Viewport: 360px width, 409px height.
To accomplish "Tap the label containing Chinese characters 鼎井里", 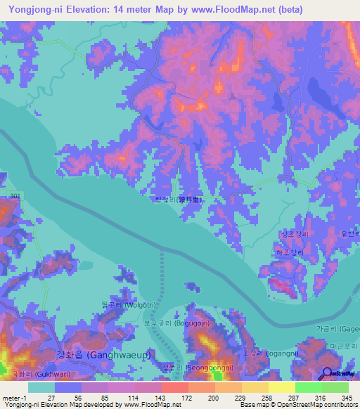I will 180,200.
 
